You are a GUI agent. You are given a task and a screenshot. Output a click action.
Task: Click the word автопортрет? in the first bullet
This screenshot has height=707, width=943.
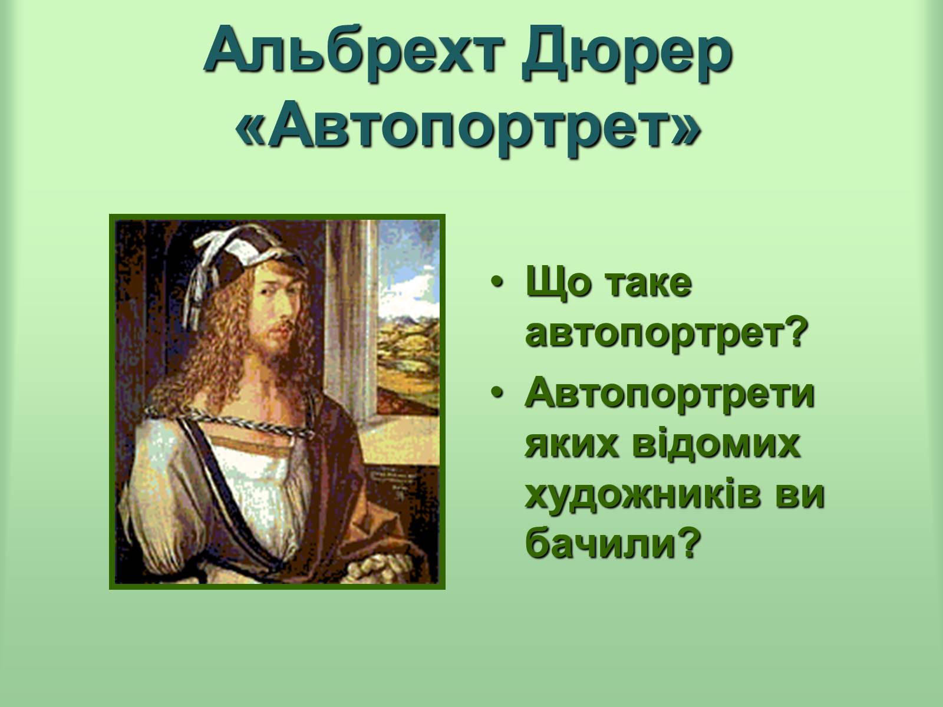pos(665,335)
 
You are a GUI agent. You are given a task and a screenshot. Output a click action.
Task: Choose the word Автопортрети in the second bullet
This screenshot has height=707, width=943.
pos(670,393)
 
